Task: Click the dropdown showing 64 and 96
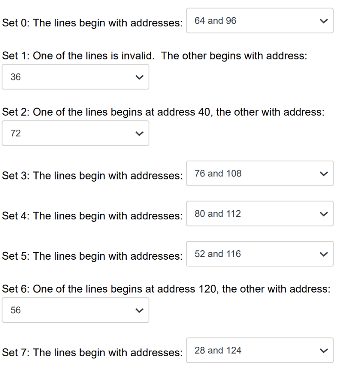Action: [x=259, y=21]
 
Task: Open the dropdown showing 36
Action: [x=75, y=77]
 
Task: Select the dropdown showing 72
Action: [x=75, y=133]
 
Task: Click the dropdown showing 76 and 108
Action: [x=259, y=173]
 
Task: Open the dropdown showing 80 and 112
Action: [x=259, y=214]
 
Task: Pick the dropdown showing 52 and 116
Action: [x=259, y=254]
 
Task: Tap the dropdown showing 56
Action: [x=75, y=310]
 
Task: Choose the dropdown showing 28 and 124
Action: [x=259, y=350]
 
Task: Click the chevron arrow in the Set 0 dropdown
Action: [x=323, y=21]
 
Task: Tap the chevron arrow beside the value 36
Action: [x=139, y=77]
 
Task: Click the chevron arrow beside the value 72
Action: [x=139, y=133]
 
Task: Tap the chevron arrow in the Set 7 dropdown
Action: [x=323, y=351]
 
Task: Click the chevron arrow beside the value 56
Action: [x=139, y=310]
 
